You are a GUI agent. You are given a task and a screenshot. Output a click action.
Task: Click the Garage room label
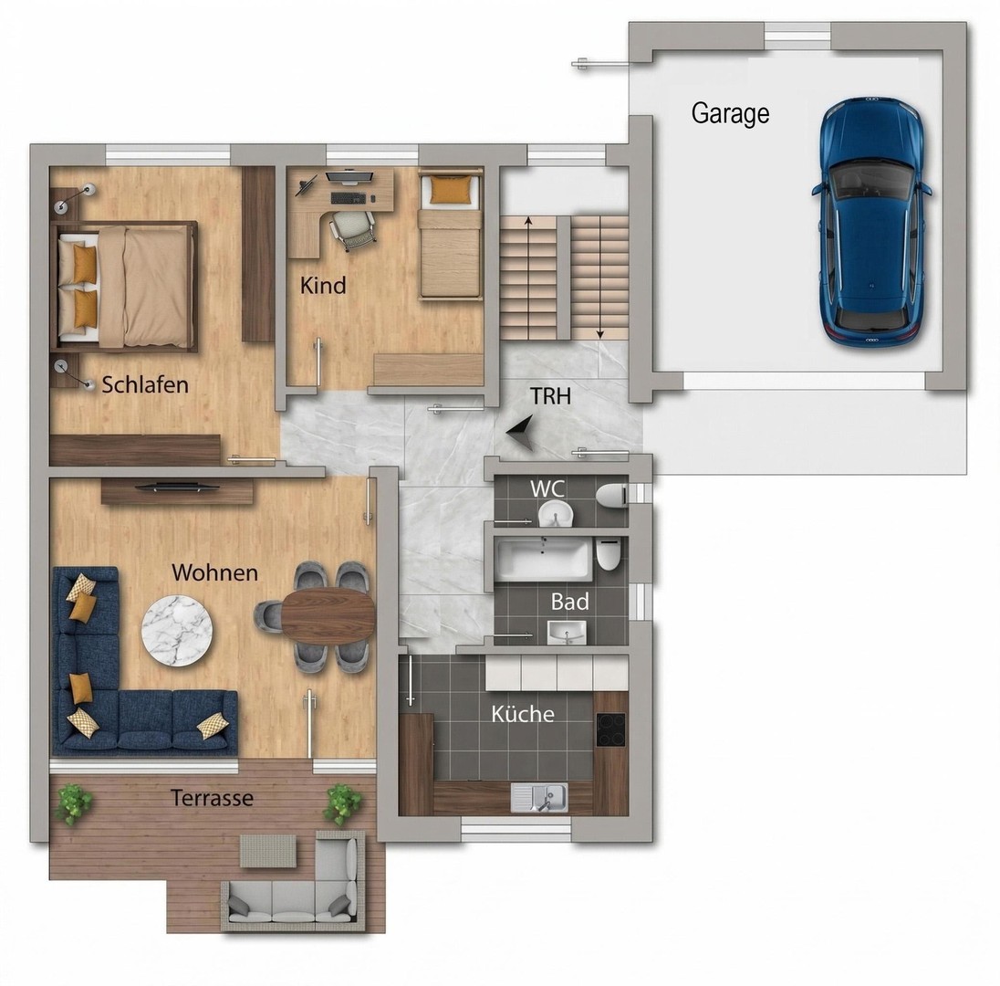click(730, 114)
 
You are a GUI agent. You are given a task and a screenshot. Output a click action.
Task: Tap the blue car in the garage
click(871, 221)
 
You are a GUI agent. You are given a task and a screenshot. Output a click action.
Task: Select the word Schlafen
click(145, 385)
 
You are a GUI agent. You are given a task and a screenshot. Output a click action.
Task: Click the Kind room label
click(323, 285)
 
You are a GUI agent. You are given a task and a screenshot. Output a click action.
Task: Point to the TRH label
click(550, 396)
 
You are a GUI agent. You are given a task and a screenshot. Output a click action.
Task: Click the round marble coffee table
click(177, 631)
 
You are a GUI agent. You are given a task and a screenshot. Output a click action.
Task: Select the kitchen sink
click(539, 797)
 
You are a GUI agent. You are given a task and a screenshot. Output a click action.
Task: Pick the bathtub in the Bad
click(544, 560)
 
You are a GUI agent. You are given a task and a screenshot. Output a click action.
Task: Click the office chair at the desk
click(351, 230)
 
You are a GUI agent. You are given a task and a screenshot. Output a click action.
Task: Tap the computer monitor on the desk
click(349, 177)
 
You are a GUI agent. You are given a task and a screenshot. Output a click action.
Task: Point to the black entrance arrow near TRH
click(520, 433)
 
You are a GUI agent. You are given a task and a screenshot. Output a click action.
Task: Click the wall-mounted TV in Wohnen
click(177, 488)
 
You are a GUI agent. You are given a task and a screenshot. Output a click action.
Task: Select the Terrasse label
click(212, 798)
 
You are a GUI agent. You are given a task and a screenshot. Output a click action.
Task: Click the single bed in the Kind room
click(449, 234)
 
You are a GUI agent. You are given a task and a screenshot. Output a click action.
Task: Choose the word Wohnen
click(215, 573)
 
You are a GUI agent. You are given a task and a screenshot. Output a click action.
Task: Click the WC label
click(547, 488)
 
